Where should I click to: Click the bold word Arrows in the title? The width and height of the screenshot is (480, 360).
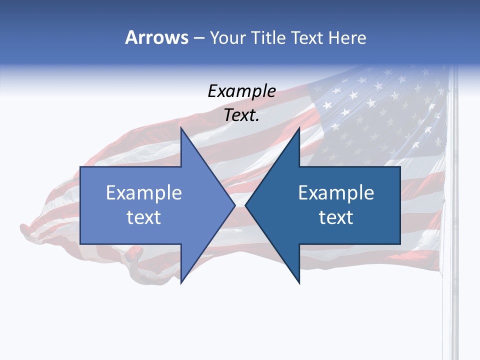[156, 37]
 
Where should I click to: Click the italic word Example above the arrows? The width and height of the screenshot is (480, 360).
[241, 91]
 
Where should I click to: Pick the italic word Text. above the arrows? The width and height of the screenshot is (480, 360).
[241, 115]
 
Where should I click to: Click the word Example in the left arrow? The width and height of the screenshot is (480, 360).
[144, 193]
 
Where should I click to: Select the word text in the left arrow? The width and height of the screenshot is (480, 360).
[144, 217]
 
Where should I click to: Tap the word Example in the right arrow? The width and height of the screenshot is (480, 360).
[336, 193]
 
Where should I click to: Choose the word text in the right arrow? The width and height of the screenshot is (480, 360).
[336, 217]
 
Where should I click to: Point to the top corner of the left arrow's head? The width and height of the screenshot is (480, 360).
[181, 128]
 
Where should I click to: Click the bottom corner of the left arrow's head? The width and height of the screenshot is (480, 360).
[181, 283]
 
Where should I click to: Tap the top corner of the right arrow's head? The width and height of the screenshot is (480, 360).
[299, 128]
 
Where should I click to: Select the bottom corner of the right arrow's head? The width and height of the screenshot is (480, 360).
[299, 283]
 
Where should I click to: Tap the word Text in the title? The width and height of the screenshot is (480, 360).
[308, 37]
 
